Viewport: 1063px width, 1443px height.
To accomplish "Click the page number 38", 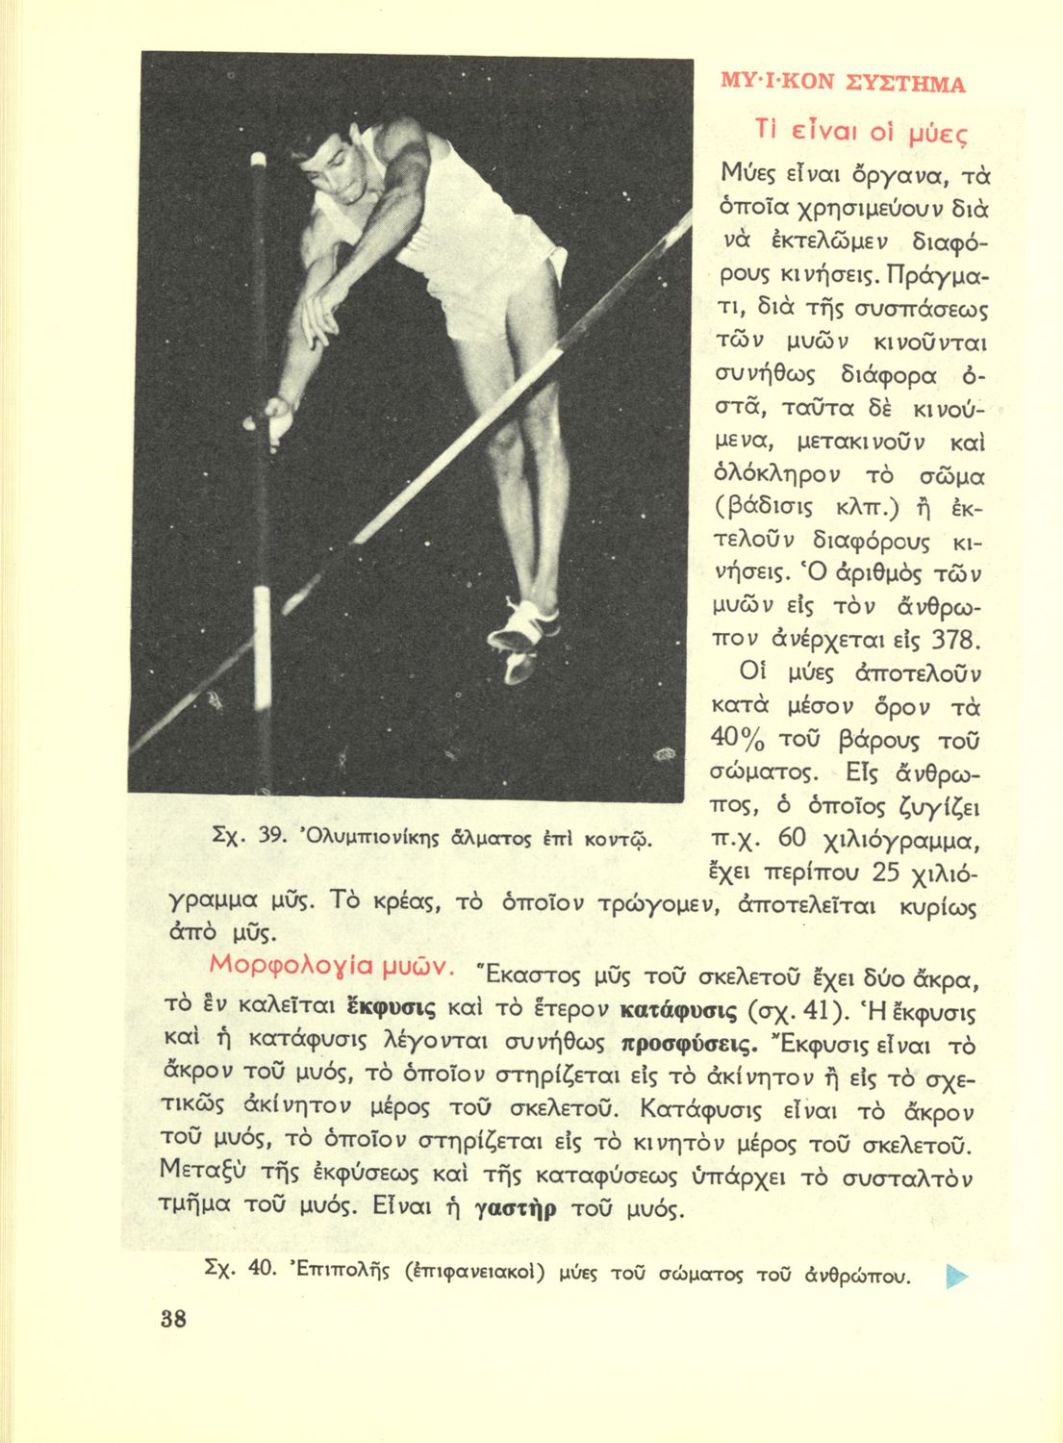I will click(x=173, y=1319).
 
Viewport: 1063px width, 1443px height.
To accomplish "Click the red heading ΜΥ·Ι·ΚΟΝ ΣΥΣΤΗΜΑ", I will click(x=842, y=83).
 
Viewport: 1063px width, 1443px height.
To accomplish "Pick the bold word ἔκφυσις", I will click(x=391, y=1009).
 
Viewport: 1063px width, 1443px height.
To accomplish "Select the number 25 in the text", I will click(x=886, y=873).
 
